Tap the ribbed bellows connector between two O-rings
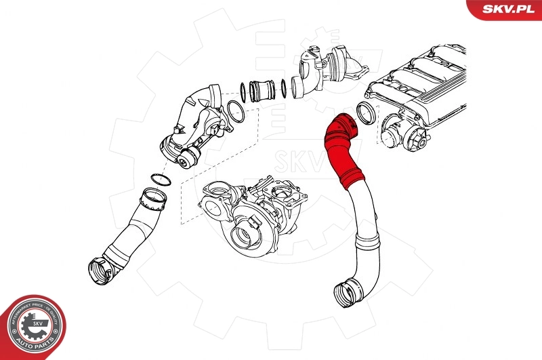[x=262, y=89]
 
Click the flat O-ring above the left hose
[x=159, y=179]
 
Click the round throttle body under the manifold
[x=400, y=132]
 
